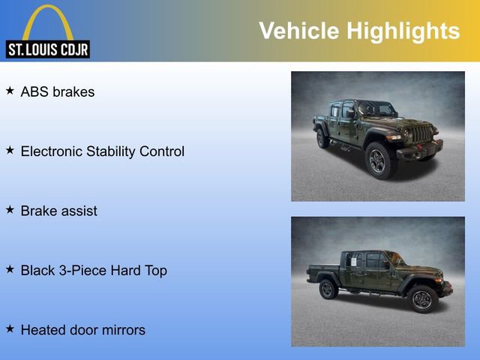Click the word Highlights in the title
pos(403,31)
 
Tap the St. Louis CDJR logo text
pos(48,49)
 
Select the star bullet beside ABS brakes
pos(10,91)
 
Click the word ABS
pos(34,92)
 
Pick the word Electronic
pos(50,151)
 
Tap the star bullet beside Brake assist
pos(10,210)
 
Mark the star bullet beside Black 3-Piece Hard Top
pos(10,269)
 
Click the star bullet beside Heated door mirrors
pos(10,328)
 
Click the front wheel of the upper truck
pos(379,160)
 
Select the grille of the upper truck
pos(422,135)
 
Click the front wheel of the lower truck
pos(421,299)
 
